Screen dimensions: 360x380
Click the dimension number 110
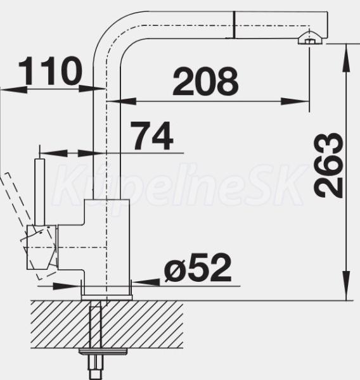(51, 71)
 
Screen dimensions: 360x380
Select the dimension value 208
(205, 80)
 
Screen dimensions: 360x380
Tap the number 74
(152, 136)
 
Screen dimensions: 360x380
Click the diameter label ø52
(198, 267)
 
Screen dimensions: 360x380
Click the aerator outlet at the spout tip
(310, 39)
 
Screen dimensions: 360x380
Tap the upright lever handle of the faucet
(40, 192)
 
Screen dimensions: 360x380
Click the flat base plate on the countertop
(106, 298)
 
